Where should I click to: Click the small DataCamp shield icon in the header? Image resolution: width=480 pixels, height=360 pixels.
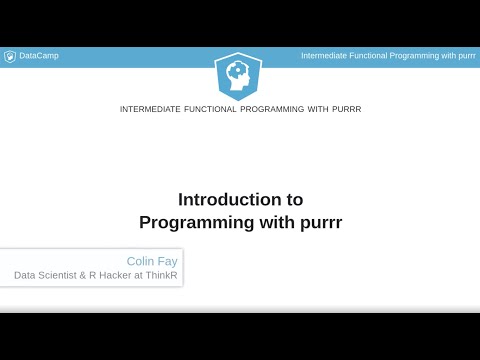click(x=10, y=56)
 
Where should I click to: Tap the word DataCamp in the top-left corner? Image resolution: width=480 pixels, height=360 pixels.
click(x=39, y=56)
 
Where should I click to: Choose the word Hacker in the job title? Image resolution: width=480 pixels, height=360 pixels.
click(x=126, y=275)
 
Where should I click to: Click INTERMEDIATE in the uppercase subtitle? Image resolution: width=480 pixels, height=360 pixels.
click(x=151, y=109)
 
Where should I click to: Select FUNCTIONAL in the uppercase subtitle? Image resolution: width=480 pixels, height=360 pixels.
click(x=220, y=109)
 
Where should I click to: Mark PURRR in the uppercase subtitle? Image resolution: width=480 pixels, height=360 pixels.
click(x=344, y=109)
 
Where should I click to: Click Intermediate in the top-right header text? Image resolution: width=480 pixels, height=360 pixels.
click(x=325, y=56)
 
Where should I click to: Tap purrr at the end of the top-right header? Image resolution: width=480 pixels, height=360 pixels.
click(x=464, y=56)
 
